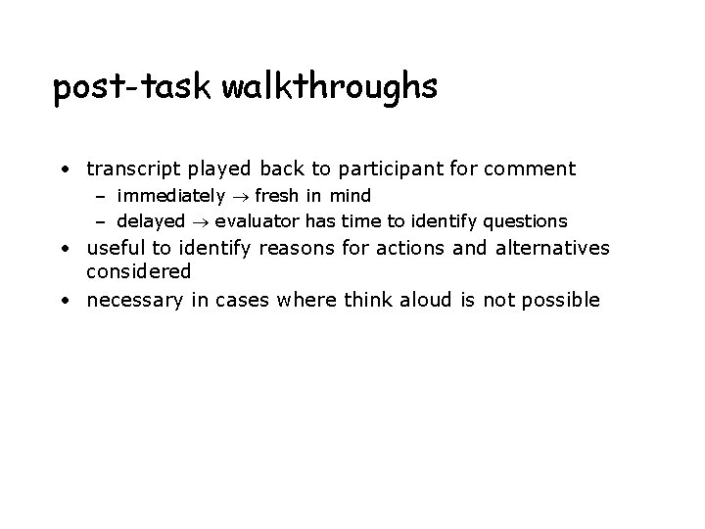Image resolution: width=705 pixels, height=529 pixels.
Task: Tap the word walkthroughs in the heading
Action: (330, 88)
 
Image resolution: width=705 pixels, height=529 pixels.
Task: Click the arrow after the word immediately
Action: (239, 197)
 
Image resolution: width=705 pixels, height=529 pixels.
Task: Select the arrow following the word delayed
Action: (200, 220)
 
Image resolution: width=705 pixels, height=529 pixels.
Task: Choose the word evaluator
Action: (257, 220)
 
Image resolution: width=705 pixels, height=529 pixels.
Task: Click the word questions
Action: (527, 220)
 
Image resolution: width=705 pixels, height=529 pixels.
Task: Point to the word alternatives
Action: (554, 249)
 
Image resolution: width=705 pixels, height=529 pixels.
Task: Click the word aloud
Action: (419, 300)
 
